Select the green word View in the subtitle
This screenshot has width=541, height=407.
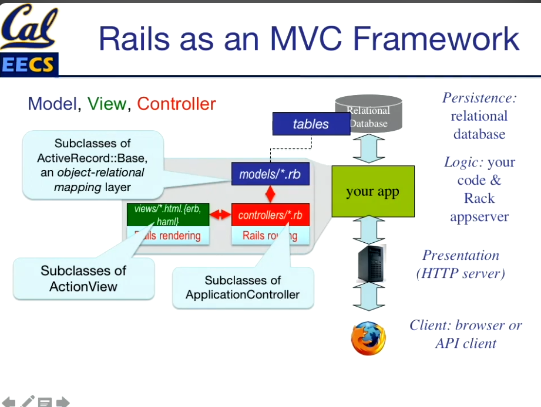pos(106,104)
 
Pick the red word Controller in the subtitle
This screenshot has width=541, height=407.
pos(176,104)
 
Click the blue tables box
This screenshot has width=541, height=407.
pos(311,124)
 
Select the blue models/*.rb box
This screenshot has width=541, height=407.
pos(270,174)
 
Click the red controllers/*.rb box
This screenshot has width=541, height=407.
pos(270,215)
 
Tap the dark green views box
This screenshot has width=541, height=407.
pos(168,215)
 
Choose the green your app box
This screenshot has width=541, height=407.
pos(372,191)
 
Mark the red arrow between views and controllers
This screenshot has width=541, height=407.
pos(221,215)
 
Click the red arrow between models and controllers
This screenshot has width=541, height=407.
pos(270,194)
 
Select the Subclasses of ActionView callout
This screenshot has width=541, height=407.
pos(83,279)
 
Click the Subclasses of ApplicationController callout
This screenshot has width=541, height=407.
pos(243,287)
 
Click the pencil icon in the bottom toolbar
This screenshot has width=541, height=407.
pos(28,402)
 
